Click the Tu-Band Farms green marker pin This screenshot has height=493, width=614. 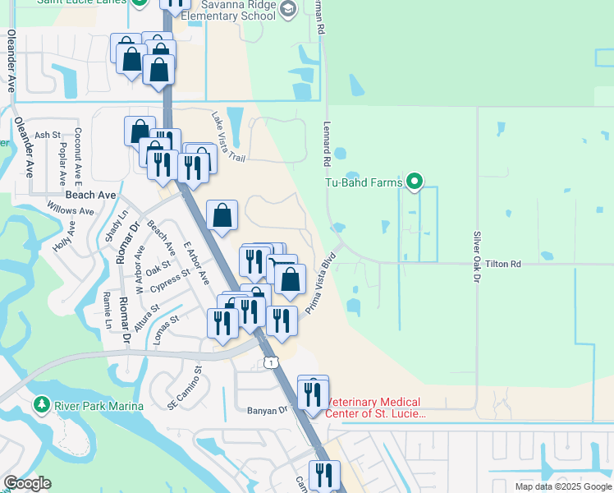click(415, 182)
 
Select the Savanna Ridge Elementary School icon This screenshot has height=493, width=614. click(287, 9)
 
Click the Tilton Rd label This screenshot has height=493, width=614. click(503, 264)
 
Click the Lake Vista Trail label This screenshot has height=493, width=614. click(229, 137)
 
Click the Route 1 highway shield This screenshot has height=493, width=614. click(269, 362)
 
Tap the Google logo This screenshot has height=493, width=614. click(27, 483)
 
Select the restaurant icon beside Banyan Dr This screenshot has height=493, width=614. click(313, 394)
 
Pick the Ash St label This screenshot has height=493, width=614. click(47, 135)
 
